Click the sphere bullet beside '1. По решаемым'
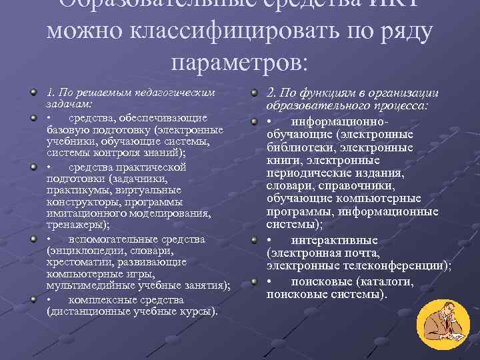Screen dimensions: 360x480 tap(33, 93)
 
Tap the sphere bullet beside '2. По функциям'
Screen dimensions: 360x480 tap(255, 93)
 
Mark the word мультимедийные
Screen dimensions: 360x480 tap(84, 287)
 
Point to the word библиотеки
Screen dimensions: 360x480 tap(297, 147)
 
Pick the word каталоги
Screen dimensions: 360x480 tap(387, 281)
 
